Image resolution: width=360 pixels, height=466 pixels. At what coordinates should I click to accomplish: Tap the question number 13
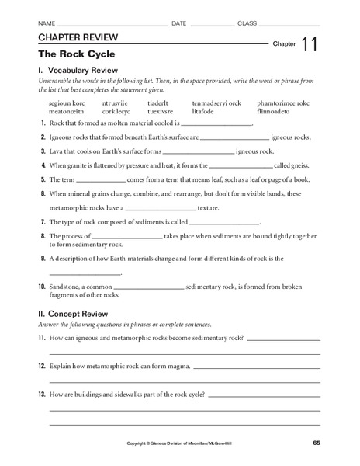click(42, 395)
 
